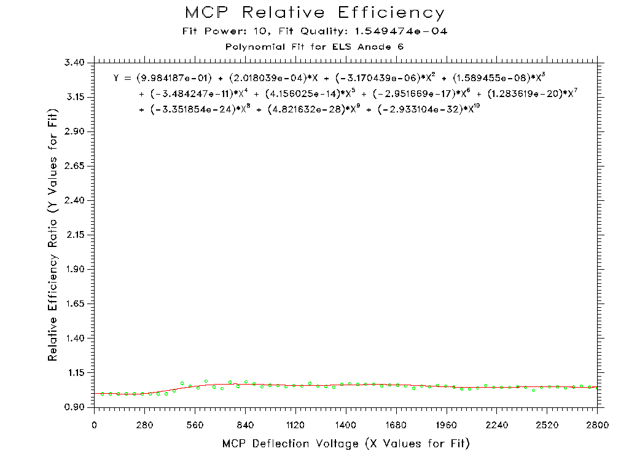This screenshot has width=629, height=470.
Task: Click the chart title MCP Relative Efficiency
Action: pyautogui.click(x=314, y=13)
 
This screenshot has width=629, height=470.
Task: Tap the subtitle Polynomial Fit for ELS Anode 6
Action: pyautogui.click(x=314, y=47)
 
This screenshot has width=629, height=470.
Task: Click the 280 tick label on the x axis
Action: pyautogui.click(x=145, y=424)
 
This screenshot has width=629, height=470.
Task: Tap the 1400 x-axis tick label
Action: pyautogui.click(x=346, y=424)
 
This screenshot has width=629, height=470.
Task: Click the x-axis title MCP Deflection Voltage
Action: pyautogui.click(x=346, y=444)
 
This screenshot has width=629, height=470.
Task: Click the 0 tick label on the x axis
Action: pyautogui.click(x=95, y=424)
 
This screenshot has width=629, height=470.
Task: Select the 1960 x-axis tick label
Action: pyautogui.click(x=447, y=424)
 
